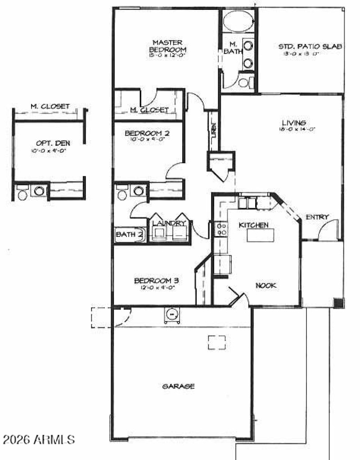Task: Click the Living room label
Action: [x=294, y=122]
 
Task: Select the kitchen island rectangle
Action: [x=260, y=235]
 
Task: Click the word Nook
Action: [x=265, y=285]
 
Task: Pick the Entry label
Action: [x=317, y=217]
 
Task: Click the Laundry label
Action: [x=169, y=223]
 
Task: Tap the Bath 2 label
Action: [x=130, y=234]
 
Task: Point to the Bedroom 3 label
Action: [x=153, y=281]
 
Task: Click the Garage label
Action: [x=179, y=386]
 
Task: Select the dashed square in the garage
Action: [x=216, y=342]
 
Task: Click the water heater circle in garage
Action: [x=171, y=314]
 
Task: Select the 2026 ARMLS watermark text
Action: [x=39, y=438]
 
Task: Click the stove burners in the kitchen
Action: [x=221, y=229]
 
